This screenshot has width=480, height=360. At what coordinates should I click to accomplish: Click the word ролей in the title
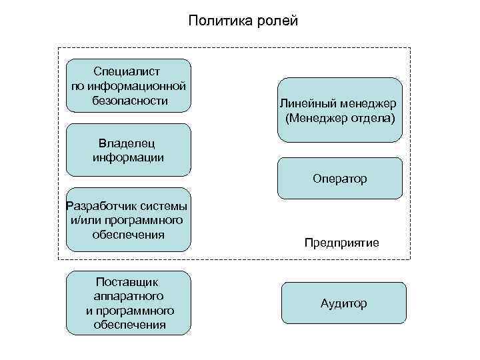click(x=273, y=21)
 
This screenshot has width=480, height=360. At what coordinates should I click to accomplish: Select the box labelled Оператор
click(x=339, y=179)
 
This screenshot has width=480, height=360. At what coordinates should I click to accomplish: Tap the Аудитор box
click(x=343, y=303)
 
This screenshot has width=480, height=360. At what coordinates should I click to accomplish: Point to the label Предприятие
click(x=341, y=243)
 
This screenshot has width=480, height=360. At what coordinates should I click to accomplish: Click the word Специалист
click(x=127, y=70)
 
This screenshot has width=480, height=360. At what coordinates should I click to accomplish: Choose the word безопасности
click(x=127, y=101)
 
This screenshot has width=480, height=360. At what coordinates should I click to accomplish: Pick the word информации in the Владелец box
click(x=129, y=157)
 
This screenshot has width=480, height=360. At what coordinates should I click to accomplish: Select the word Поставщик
click(x=127, y=281)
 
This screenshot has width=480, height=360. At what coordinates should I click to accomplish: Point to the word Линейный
click(x=305, y=105)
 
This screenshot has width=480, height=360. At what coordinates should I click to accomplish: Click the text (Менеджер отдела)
click(x=339, y=119)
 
